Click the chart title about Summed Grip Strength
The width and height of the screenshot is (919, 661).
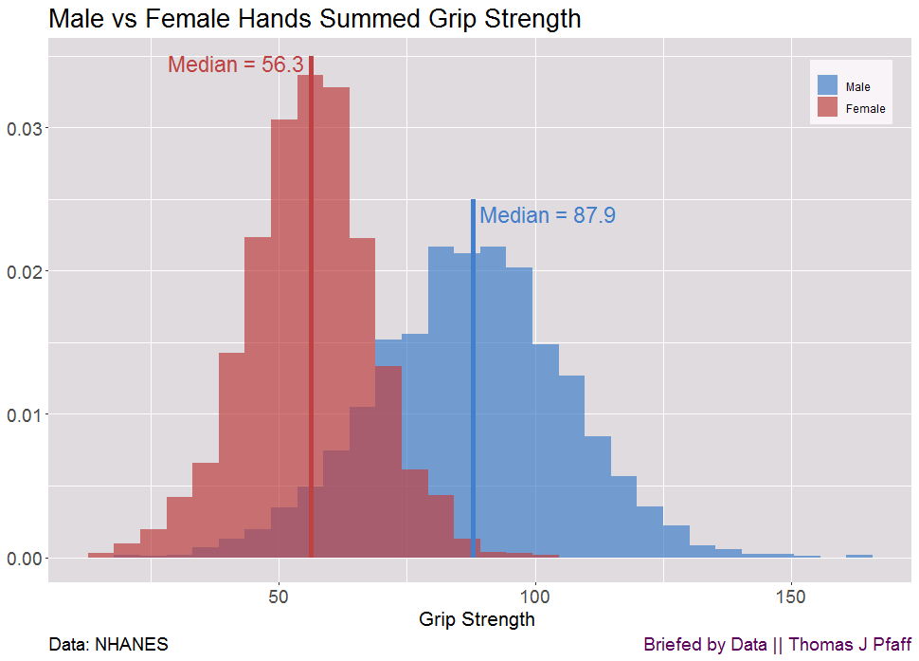point(315,19)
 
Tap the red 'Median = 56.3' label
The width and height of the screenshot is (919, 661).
point(235,64)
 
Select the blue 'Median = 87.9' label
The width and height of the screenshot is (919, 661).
point(548,215)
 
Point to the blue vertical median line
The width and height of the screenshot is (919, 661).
point(473,379)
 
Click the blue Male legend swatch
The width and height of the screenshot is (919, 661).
point(827,86)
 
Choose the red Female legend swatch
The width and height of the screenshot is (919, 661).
point(827,108)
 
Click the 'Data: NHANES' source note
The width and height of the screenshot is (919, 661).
point(108,645)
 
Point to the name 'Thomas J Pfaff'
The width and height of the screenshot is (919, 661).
point(850,645)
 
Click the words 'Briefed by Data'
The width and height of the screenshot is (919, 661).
point(705,645)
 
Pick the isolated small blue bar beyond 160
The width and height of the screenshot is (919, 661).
point(859,556)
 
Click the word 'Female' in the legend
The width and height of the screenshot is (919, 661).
point(865,109)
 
